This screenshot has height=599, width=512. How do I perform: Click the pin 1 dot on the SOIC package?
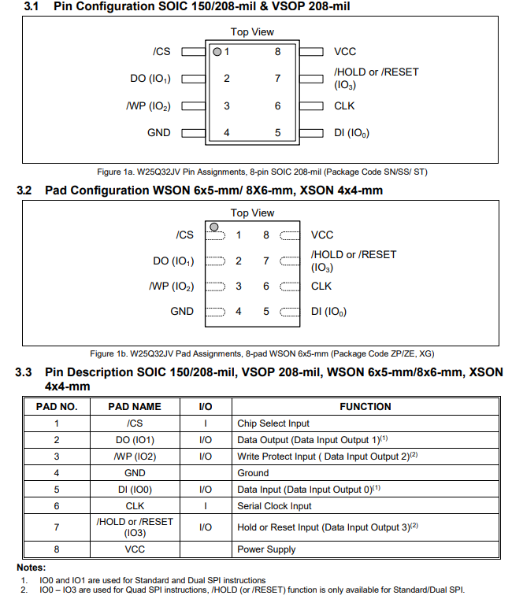pos(217,52)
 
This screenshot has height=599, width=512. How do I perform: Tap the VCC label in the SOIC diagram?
pos(345,52)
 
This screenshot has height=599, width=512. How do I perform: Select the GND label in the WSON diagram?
pos(181,311)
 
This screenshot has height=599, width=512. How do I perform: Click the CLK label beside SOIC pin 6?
pos(344,105)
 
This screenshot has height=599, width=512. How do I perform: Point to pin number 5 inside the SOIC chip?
pos(277,132)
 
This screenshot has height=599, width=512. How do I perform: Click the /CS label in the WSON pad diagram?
pos(184,235)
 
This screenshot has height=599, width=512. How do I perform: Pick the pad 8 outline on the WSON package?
pos(290,235)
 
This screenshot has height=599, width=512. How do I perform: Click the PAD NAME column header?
pos(135,407)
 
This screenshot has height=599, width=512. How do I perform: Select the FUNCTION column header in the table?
pos(365,407)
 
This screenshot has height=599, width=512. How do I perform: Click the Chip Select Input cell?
pos(273,423)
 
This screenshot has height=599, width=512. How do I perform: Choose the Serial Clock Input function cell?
pos(274,506)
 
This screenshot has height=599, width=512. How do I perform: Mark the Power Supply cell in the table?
pos(266,549)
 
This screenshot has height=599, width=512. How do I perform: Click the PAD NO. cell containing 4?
pos(57,473)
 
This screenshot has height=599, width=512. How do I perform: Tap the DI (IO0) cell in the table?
pos(135,490)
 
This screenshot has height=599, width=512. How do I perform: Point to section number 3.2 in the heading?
pos(24,190)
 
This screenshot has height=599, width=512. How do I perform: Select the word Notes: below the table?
pos(32,568)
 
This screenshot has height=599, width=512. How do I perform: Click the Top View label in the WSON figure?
pos(252,213)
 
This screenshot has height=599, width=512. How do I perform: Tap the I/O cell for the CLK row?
pos(205,506)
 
